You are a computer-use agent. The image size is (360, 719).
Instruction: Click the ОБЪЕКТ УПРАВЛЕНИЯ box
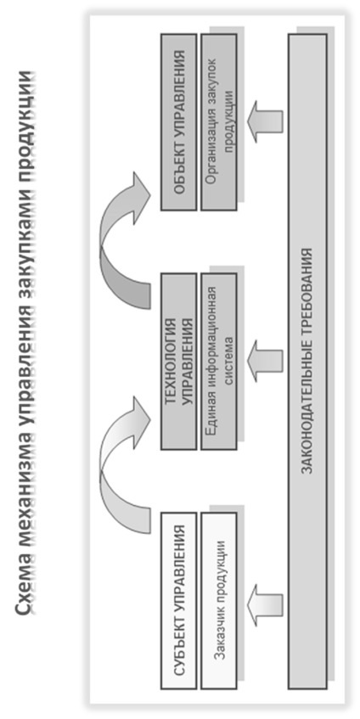pos(179,122)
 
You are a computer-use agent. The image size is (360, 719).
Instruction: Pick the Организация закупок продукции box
pos(218,122)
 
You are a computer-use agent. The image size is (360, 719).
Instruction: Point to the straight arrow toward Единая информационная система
pos(265,361)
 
